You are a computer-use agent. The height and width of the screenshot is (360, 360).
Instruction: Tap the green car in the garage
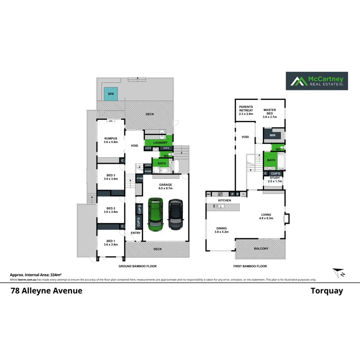pos(155,214)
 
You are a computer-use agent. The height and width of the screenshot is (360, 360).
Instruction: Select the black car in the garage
pos(175,214)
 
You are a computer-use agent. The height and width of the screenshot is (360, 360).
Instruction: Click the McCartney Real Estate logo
pos(316,81)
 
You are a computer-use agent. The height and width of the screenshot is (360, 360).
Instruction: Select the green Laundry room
pos(158,142)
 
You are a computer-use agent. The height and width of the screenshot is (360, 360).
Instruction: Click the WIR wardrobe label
pos(273,136)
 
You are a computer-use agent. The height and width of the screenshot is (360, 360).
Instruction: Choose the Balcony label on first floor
pos(261,249)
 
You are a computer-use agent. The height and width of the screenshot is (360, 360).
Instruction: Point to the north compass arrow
pos(339,273)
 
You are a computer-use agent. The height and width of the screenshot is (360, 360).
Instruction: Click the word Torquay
pos(327,291)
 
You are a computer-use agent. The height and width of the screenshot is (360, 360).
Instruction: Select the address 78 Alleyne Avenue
pos(46,291)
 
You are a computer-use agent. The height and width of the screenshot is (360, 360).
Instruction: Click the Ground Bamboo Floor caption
pos(138,266)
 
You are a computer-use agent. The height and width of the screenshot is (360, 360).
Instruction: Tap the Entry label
pos(136,233)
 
